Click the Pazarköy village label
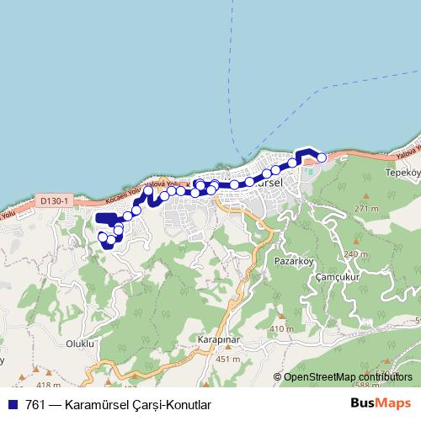(294, 262)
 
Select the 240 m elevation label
(356, 254)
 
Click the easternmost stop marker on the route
(321, 157)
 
